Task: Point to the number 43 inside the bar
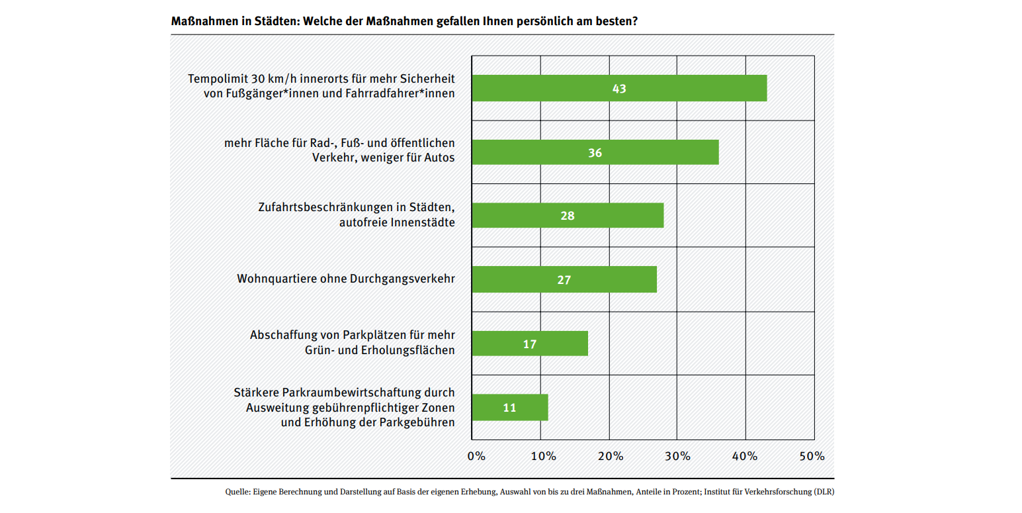619,88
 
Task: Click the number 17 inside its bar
529,344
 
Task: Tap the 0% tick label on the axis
476,456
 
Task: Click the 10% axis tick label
543,456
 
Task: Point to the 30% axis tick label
678,456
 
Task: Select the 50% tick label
812,456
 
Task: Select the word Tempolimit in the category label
216,79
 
